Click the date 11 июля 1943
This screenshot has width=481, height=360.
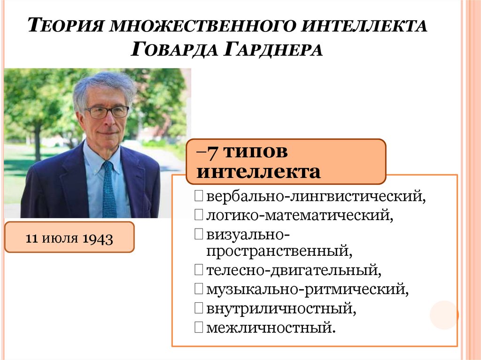pyautogui.click(x=69, y=237)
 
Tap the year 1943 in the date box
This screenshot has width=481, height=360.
pyautogui.click(x=98, y=238)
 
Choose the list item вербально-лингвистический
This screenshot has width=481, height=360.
pyautogui.click(x=316, y=197)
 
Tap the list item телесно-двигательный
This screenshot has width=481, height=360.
pyautogui.click(x=293, y=270)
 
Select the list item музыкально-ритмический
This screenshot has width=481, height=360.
pyautogui.click(x=307, y=289)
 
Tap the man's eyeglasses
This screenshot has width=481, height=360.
pyautogui.click(x=107, y=112)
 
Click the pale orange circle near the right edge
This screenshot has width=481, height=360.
pyautogui.click(x=443, y=315)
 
